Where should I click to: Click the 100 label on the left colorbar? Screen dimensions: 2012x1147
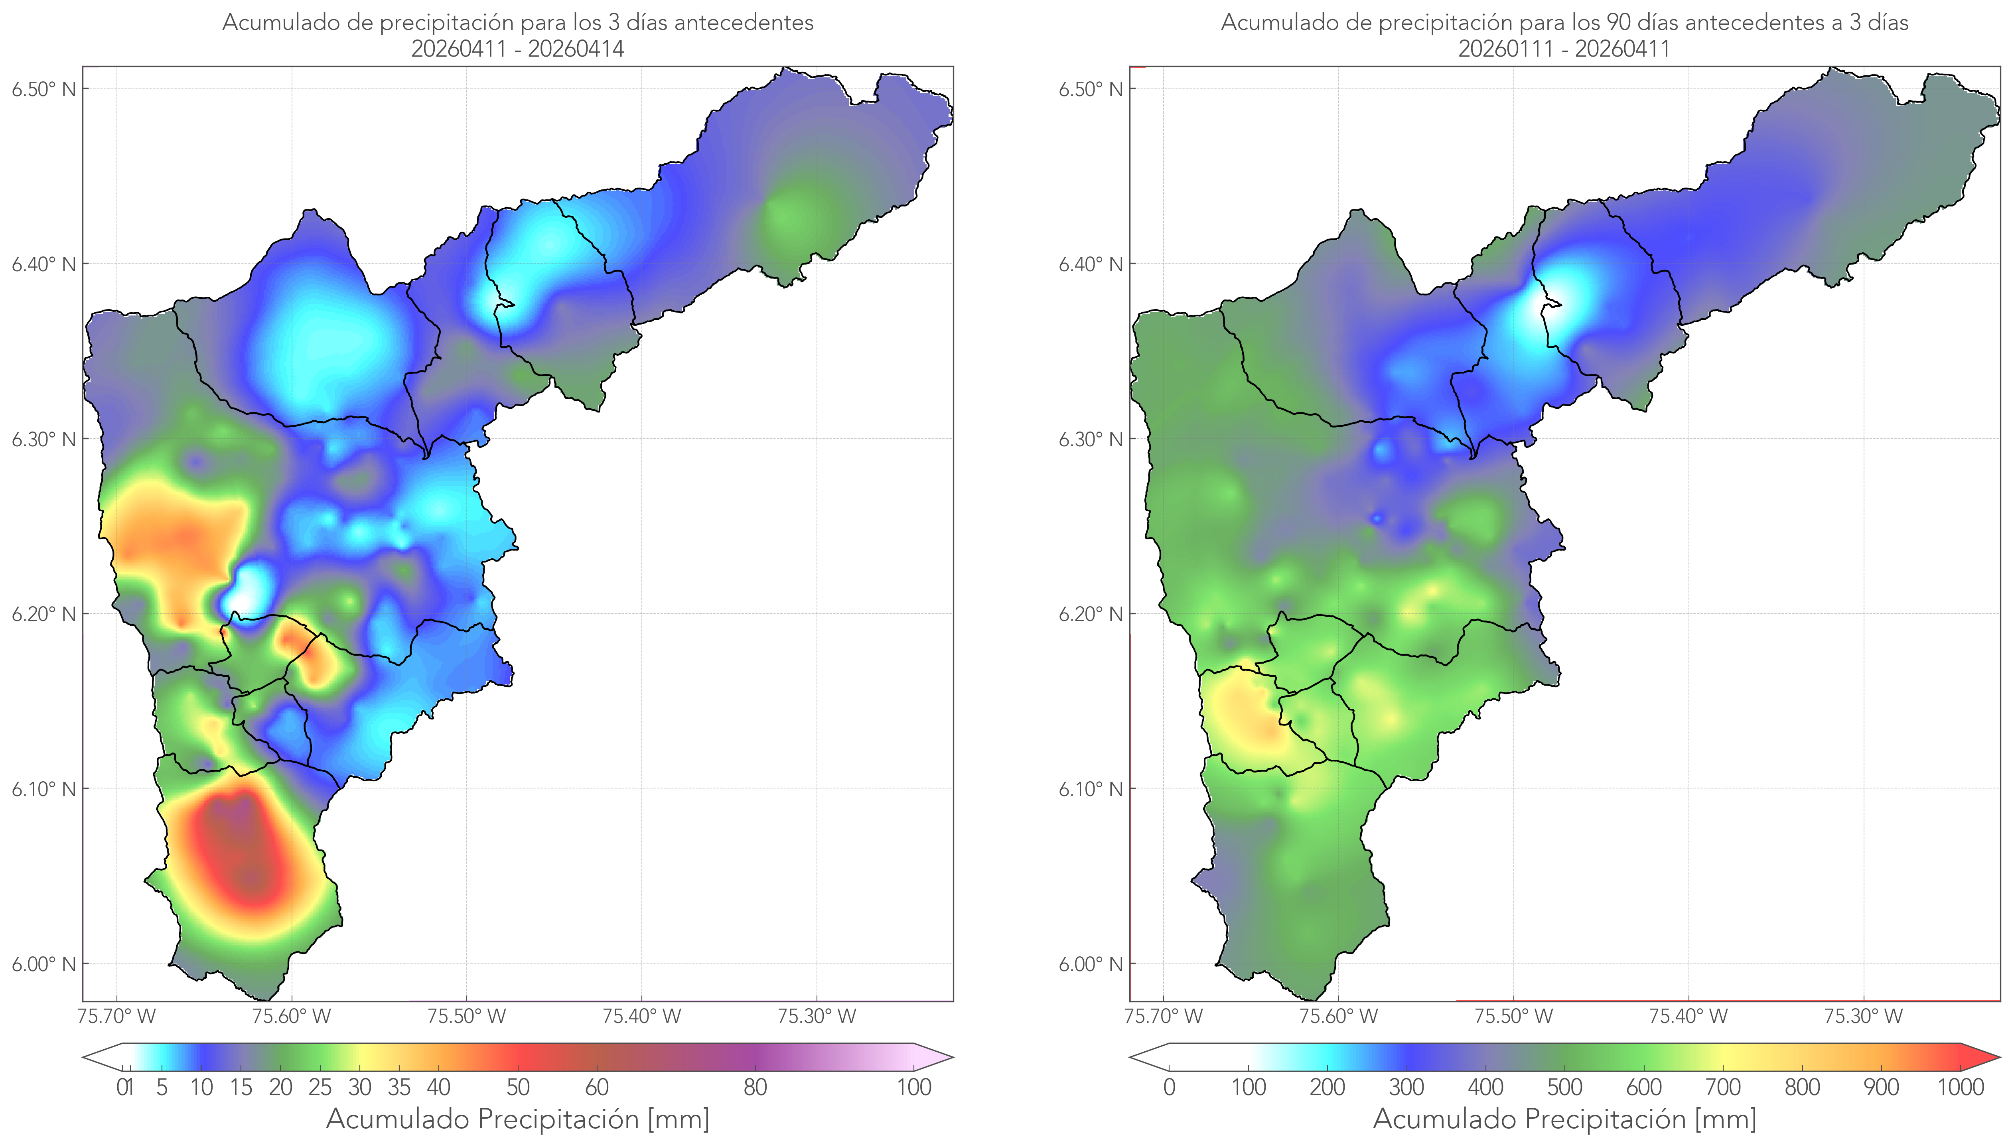[x=914, y=1087]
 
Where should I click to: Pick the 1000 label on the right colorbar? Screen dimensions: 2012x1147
[x=1960, y=1087]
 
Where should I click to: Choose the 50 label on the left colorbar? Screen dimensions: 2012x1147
[x=518, y=1087]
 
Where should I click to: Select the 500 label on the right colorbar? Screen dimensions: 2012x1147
[x=1564, y=1087]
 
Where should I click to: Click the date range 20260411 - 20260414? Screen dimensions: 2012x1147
[x=518, y=49]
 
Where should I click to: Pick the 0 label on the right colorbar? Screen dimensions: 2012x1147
[x=1169, y=1087]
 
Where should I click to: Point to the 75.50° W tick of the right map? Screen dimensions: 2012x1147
[x=1513, y=1016]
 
